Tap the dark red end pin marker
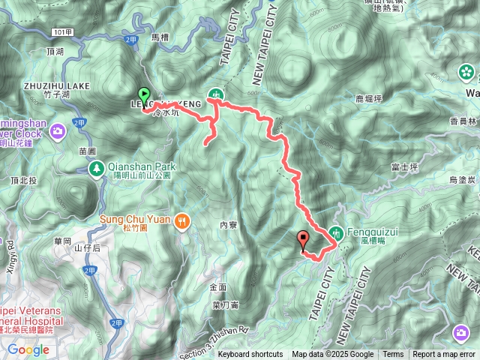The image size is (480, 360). (304, 241)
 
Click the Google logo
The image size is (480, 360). (28, 349)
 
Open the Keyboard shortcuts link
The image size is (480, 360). (250, 355)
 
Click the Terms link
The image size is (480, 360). (393, 355)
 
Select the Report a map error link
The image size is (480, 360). (443, 355)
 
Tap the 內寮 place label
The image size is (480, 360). (229, 224)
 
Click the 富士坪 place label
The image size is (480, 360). (403, 167)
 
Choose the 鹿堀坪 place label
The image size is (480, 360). (368, 98)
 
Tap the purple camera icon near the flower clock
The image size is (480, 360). (58, 132)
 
